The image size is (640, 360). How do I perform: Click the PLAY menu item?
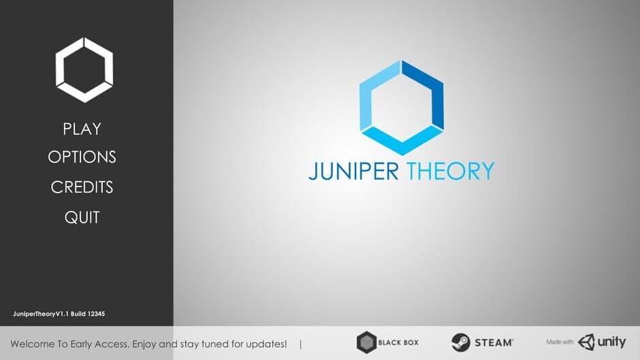pos(82,129)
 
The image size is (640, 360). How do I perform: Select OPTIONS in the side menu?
pos(82,157)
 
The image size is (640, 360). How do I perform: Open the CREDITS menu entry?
pos(82,187)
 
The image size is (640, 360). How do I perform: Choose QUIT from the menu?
pos(82,218)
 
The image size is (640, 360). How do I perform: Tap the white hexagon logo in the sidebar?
pos(84,70)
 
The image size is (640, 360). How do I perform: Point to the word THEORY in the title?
pos(450,171)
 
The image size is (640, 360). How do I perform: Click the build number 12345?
pos(96,314)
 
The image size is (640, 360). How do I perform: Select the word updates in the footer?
pos(266,344)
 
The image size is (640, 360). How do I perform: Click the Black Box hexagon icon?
pos(366,342)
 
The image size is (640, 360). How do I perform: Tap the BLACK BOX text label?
pos(399,342)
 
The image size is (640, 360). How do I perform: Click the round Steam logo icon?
pos(460,342)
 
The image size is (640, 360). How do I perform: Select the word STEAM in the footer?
pos(494,342)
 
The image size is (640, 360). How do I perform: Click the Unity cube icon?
pos(587,342)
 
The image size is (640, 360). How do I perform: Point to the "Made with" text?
pos(560,342)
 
